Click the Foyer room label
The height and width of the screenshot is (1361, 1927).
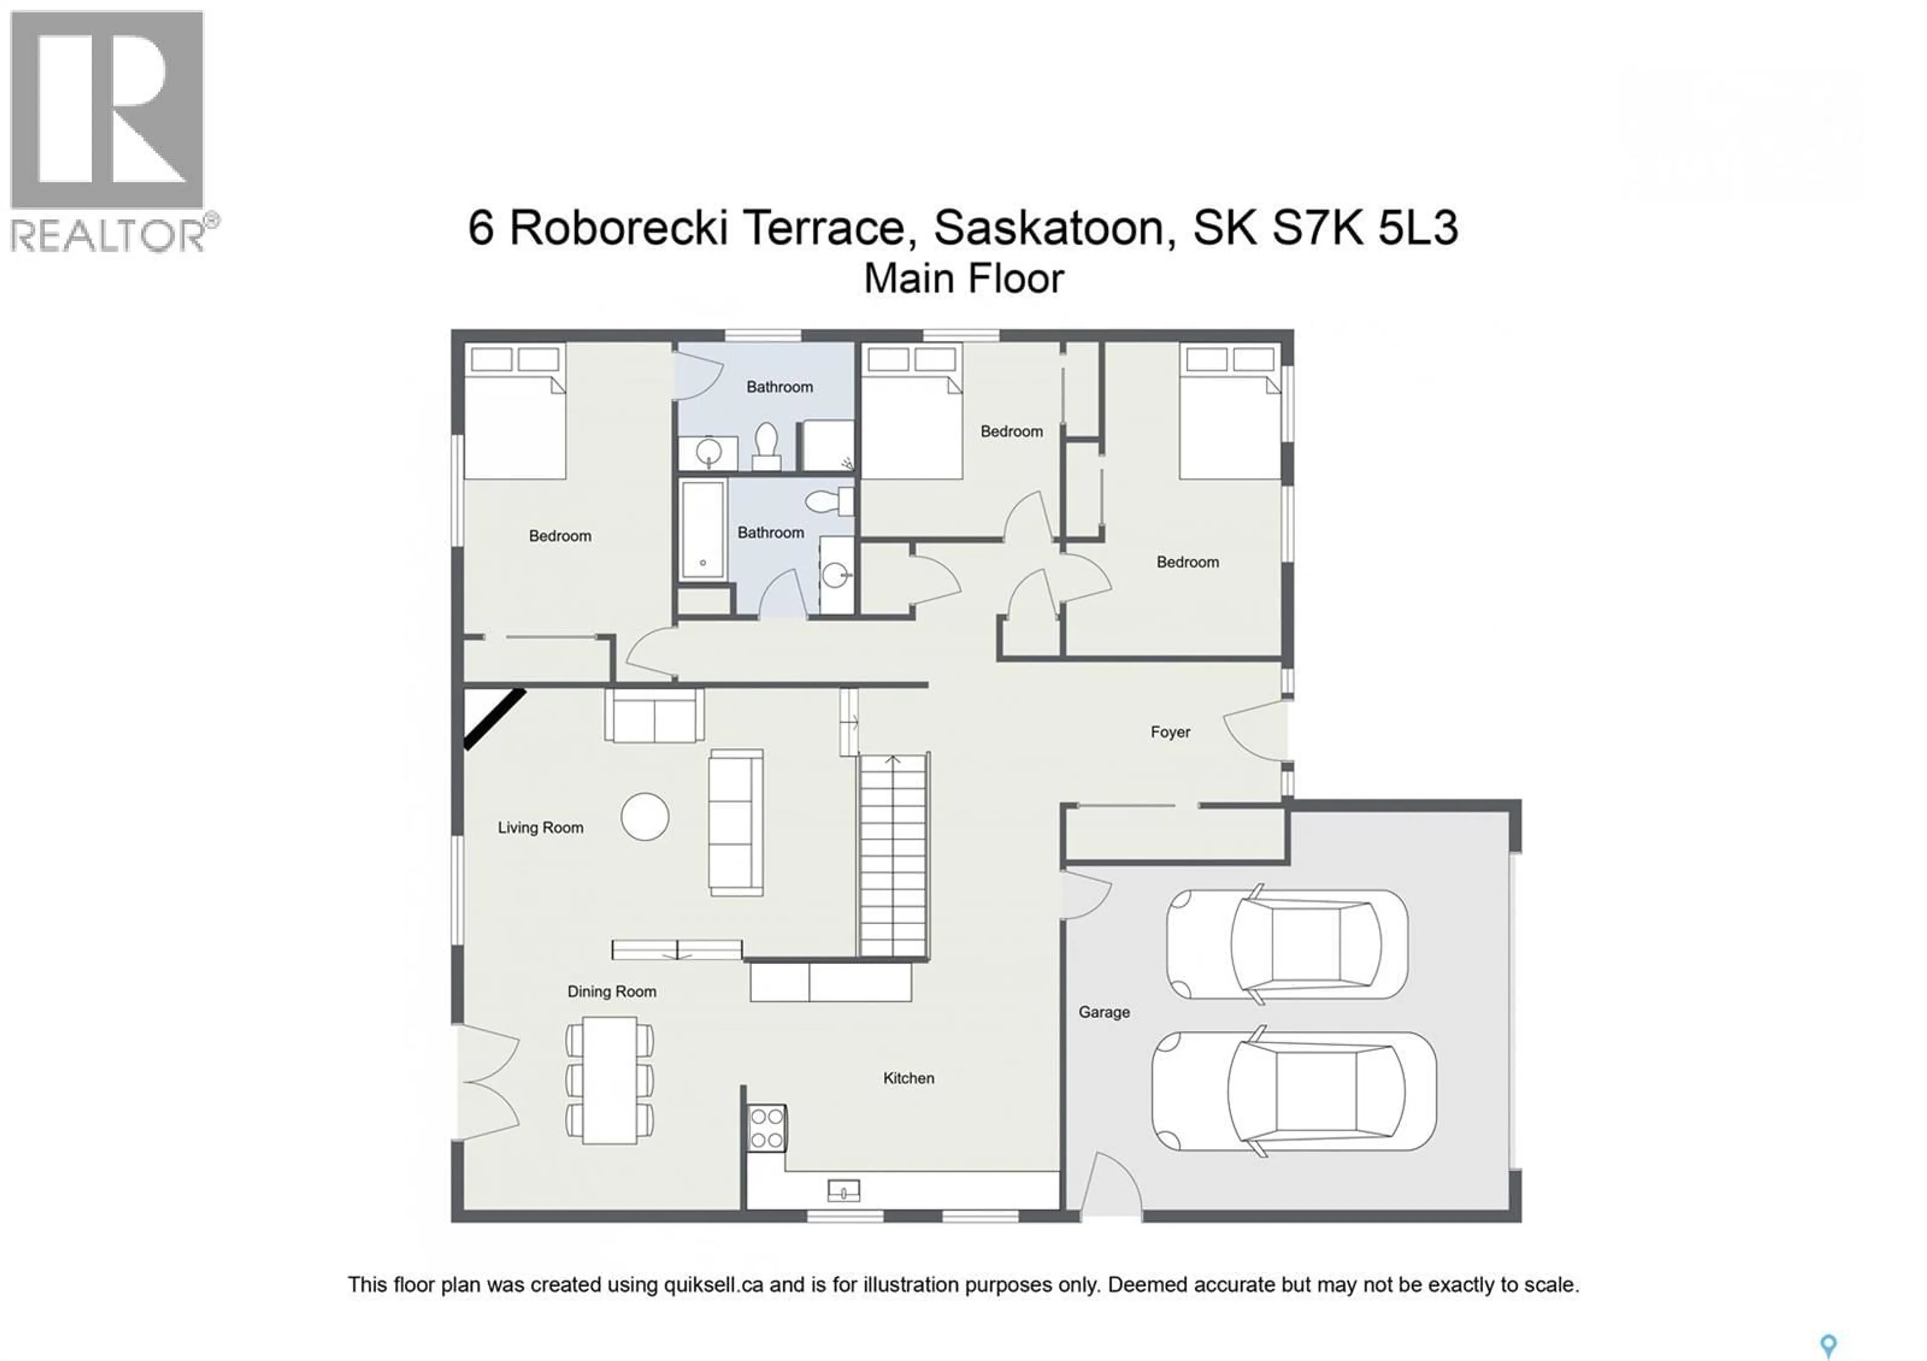pos(1170,732)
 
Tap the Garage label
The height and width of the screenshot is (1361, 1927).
pos(1104,1012)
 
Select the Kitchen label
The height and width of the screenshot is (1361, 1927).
pos(908,1078)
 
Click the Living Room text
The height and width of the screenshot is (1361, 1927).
pos(539,828)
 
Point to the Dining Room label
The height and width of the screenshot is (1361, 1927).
pos(611,991)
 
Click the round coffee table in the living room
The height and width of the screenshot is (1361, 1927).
pos(644,816)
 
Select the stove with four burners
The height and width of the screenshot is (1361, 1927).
pos(766,1128)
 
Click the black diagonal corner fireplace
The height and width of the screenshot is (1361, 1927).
pos(493,718)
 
